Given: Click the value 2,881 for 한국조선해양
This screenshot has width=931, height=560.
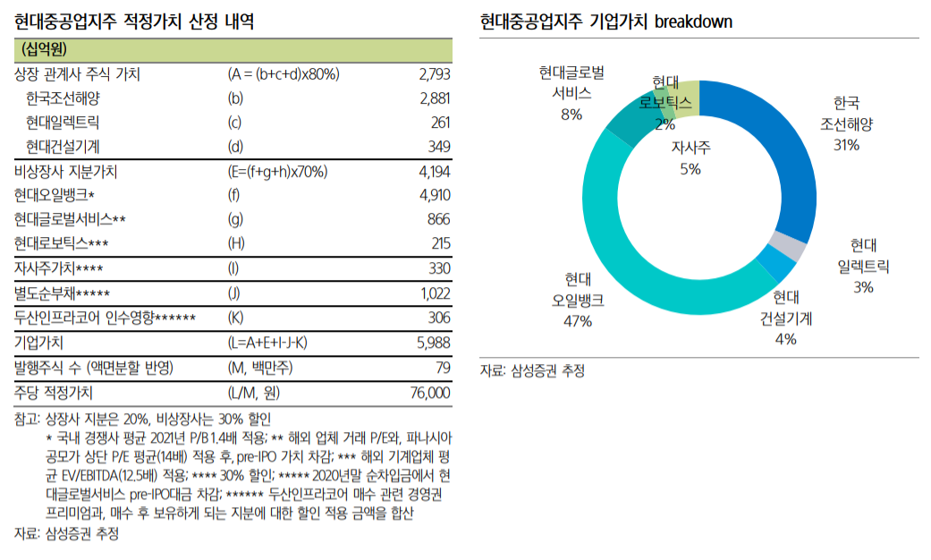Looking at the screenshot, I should click(434, 98).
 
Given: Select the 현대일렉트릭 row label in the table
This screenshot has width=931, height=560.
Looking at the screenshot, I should click(63, 123).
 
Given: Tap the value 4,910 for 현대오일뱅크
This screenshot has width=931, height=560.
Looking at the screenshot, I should click(434, 195).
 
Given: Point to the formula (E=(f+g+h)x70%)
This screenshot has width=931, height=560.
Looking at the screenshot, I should click(277, 171).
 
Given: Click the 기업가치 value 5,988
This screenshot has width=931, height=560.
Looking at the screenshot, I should click(434, 342).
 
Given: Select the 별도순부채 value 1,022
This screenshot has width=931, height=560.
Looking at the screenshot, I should click(435, 293).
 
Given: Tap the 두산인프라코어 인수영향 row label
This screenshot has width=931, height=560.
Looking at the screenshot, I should click(105, 318).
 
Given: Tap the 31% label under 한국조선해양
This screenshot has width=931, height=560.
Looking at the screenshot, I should click(845, 144).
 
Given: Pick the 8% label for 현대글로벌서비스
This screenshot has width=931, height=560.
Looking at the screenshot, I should click(571, 114).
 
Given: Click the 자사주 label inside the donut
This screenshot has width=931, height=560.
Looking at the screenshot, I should click(690, 148).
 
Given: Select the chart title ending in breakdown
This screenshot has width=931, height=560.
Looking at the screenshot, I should click(605, 21).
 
